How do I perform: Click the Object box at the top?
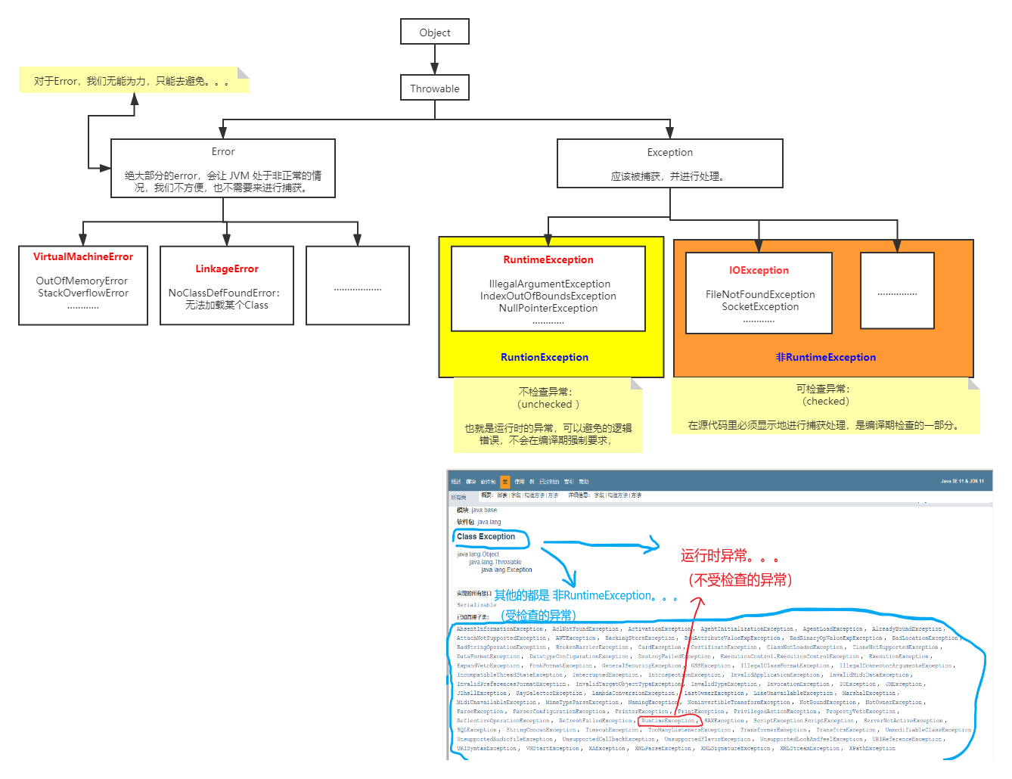point(435,33)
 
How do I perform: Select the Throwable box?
point(435,88)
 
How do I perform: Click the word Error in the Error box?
point(223,151)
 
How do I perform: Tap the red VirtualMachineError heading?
point(83,257)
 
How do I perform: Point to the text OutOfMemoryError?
point(82,281)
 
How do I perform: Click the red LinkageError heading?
point(227,269)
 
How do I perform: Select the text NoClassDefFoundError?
point(223,293)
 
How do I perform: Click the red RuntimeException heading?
point(548,260)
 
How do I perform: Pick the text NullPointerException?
point(548,308)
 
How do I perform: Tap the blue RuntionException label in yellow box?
point(545,358)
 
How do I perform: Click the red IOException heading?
point(759,271)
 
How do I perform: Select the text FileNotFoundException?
point(760,294)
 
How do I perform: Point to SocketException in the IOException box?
point(760,306)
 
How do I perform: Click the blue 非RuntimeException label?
point(826,358)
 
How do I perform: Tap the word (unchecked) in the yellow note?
point(548,404)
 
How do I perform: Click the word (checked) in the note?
point(826,401)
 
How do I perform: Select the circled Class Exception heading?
point(486,537)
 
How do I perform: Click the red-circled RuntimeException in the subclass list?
point(668,721)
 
